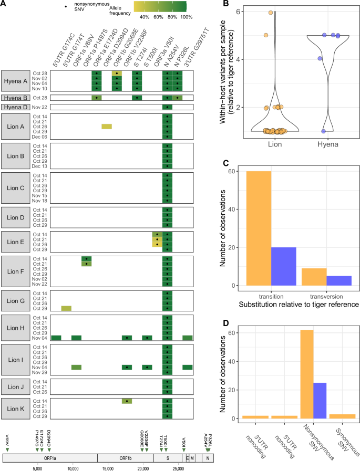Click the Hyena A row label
tap(15, 81)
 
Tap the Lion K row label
tap(15, 408)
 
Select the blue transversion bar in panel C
tap(338, 280)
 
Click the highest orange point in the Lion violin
tap(271, 13)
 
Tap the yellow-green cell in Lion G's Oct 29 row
tap(67, 308)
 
